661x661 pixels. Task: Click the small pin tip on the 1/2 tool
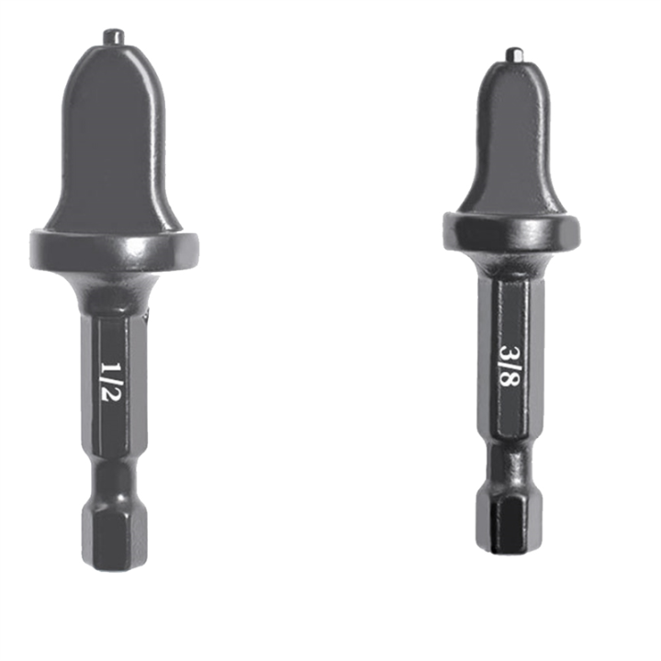point(114,37)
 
